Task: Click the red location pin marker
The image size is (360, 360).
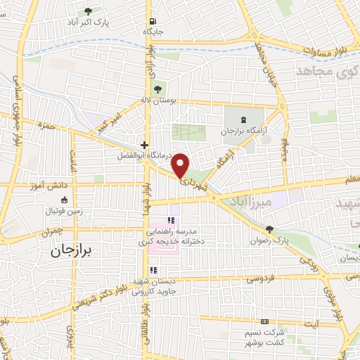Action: click(x=181, y=165)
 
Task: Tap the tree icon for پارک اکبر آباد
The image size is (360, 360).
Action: click(x=88, y=11)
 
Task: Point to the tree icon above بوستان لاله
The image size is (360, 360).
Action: click(x=158, y=89)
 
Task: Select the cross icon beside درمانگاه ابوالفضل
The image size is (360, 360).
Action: click(x=144, y=144)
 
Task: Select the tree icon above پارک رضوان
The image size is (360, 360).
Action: click(x=269, y=229)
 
